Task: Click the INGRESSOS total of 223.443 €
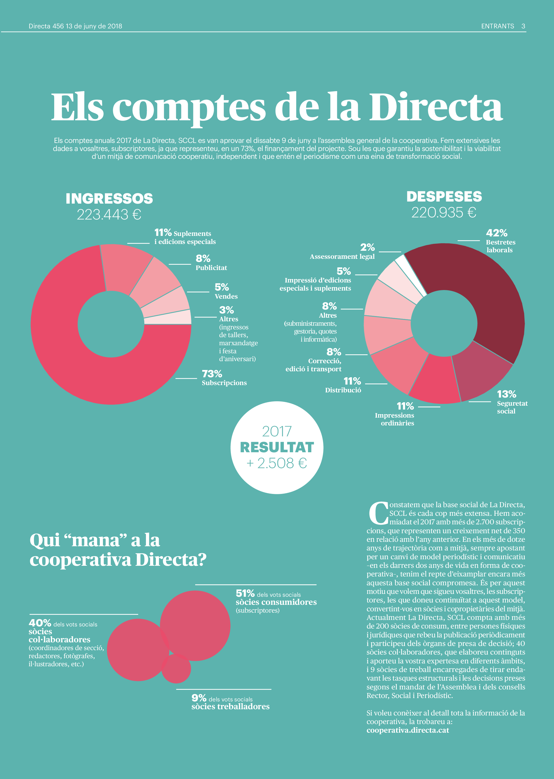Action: [x=109, y=215]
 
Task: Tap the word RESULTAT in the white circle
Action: [x=277, y=448]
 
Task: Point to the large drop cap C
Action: [x=378, y=513]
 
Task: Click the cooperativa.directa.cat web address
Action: [x=408, y=730]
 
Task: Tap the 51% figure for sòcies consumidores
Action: [x=245, y=593]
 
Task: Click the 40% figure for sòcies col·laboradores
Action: [x=40, y=623]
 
